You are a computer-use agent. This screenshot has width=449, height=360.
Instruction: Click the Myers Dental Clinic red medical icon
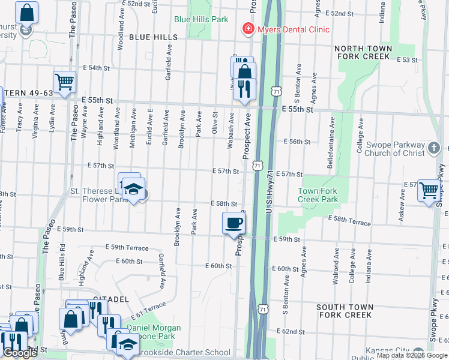pyautogui.click(x=247, y=28)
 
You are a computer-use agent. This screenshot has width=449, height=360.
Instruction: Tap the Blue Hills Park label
pyautogui.click(x=201, y=19)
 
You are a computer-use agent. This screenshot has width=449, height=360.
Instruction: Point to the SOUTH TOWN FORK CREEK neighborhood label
pyautogui.click(x=345, y=311)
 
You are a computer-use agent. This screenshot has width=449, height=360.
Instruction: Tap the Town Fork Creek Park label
pyautogui.click(x=318, y=195)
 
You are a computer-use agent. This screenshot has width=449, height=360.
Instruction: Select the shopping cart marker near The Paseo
pyautogui.click(x=64, y=82)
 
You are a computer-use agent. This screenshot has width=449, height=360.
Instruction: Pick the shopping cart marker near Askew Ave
pyautogui.click(x=429, y=191)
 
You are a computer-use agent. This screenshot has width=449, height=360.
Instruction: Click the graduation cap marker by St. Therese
pyautogui.click(x=133, y=190)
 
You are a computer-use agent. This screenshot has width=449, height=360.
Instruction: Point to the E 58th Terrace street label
pyautogui.click(x=349, y=222)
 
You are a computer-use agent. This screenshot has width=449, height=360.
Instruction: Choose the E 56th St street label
pyautogui.click(x=297, y=142)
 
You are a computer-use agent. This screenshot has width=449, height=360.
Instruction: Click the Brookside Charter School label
pyautogui.click(x=187, y=353)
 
